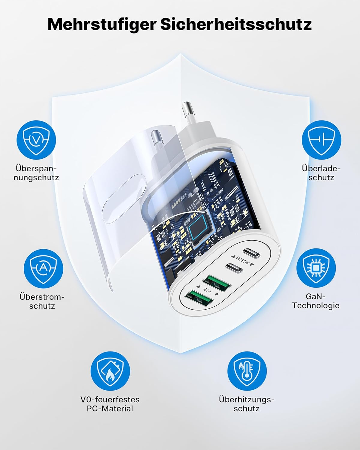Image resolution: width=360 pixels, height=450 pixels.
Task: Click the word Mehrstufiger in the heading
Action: (102, 25)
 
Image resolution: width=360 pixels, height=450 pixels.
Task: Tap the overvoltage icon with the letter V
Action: (36, 140)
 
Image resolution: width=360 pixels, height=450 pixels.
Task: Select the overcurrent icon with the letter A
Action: (43, 268)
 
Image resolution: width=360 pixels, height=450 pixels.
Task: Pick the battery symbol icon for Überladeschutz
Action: (322, 140)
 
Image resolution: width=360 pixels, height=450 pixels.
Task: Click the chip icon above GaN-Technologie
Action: (316, 268)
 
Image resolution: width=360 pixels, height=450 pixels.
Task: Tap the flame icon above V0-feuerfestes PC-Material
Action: (110, 371)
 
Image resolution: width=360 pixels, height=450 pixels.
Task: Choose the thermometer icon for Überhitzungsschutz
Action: (247, 371)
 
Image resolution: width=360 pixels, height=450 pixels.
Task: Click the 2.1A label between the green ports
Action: (207, 290)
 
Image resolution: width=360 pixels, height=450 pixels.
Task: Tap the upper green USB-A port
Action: (217, 283)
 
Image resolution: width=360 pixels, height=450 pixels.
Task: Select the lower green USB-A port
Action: (199, 298)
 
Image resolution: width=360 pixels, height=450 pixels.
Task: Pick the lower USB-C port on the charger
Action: (234, 268)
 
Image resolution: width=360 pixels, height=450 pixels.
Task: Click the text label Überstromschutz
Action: (42, 301)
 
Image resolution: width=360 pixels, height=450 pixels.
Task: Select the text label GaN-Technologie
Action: (316, 301)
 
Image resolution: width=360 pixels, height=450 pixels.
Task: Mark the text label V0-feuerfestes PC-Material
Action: (110, 404)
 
